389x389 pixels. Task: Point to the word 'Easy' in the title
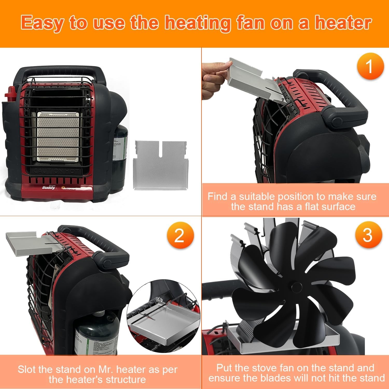point(42,23)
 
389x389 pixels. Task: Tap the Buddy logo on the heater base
point(49,187)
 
